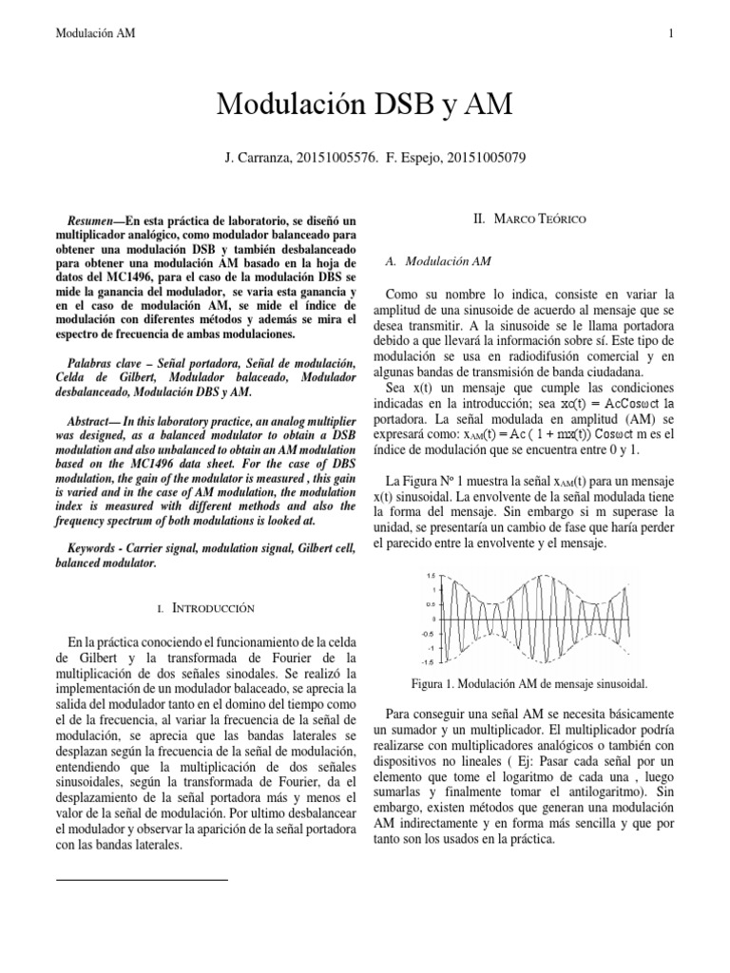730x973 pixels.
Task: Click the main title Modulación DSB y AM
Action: coord(364,105)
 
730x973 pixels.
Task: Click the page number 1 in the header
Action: coord(671,34)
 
